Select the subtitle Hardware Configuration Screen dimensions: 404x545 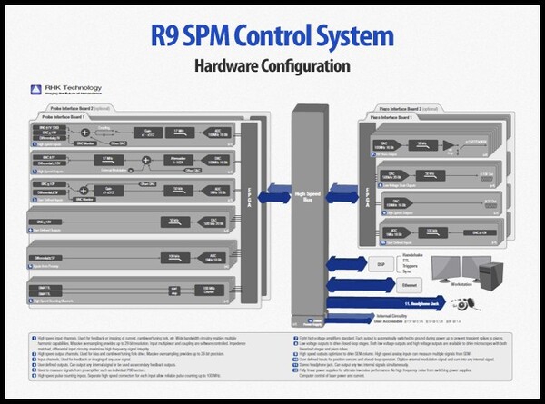[272, 66]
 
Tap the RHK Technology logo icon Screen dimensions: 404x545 [35, 89]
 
